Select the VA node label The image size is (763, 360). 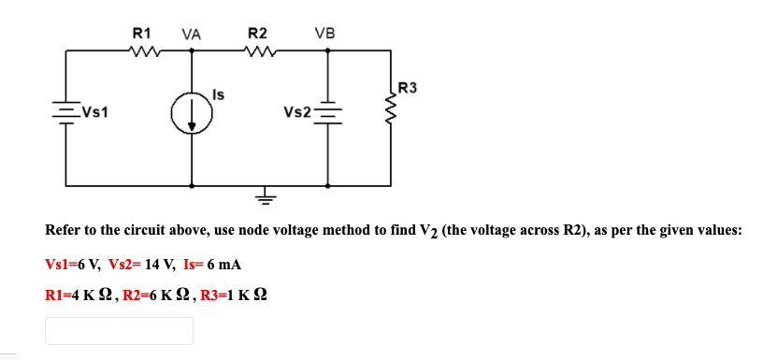coord(192,34)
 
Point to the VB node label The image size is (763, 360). coord(326,34)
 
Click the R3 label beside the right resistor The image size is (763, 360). coord(409,89)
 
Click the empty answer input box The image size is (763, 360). coord(119,330)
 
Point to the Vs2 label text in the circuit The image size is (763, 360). coord(296,113)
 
